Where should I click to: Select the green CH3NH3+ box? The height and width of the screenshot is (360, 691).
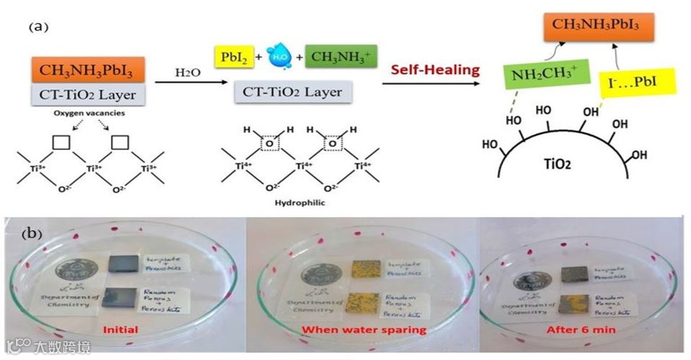pos(336,55)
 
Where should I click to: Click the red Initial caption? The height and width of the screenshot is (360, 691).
pos(120,330)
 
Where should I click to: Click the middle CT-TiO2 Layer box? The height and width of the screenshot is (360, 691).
pos(292,93)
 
